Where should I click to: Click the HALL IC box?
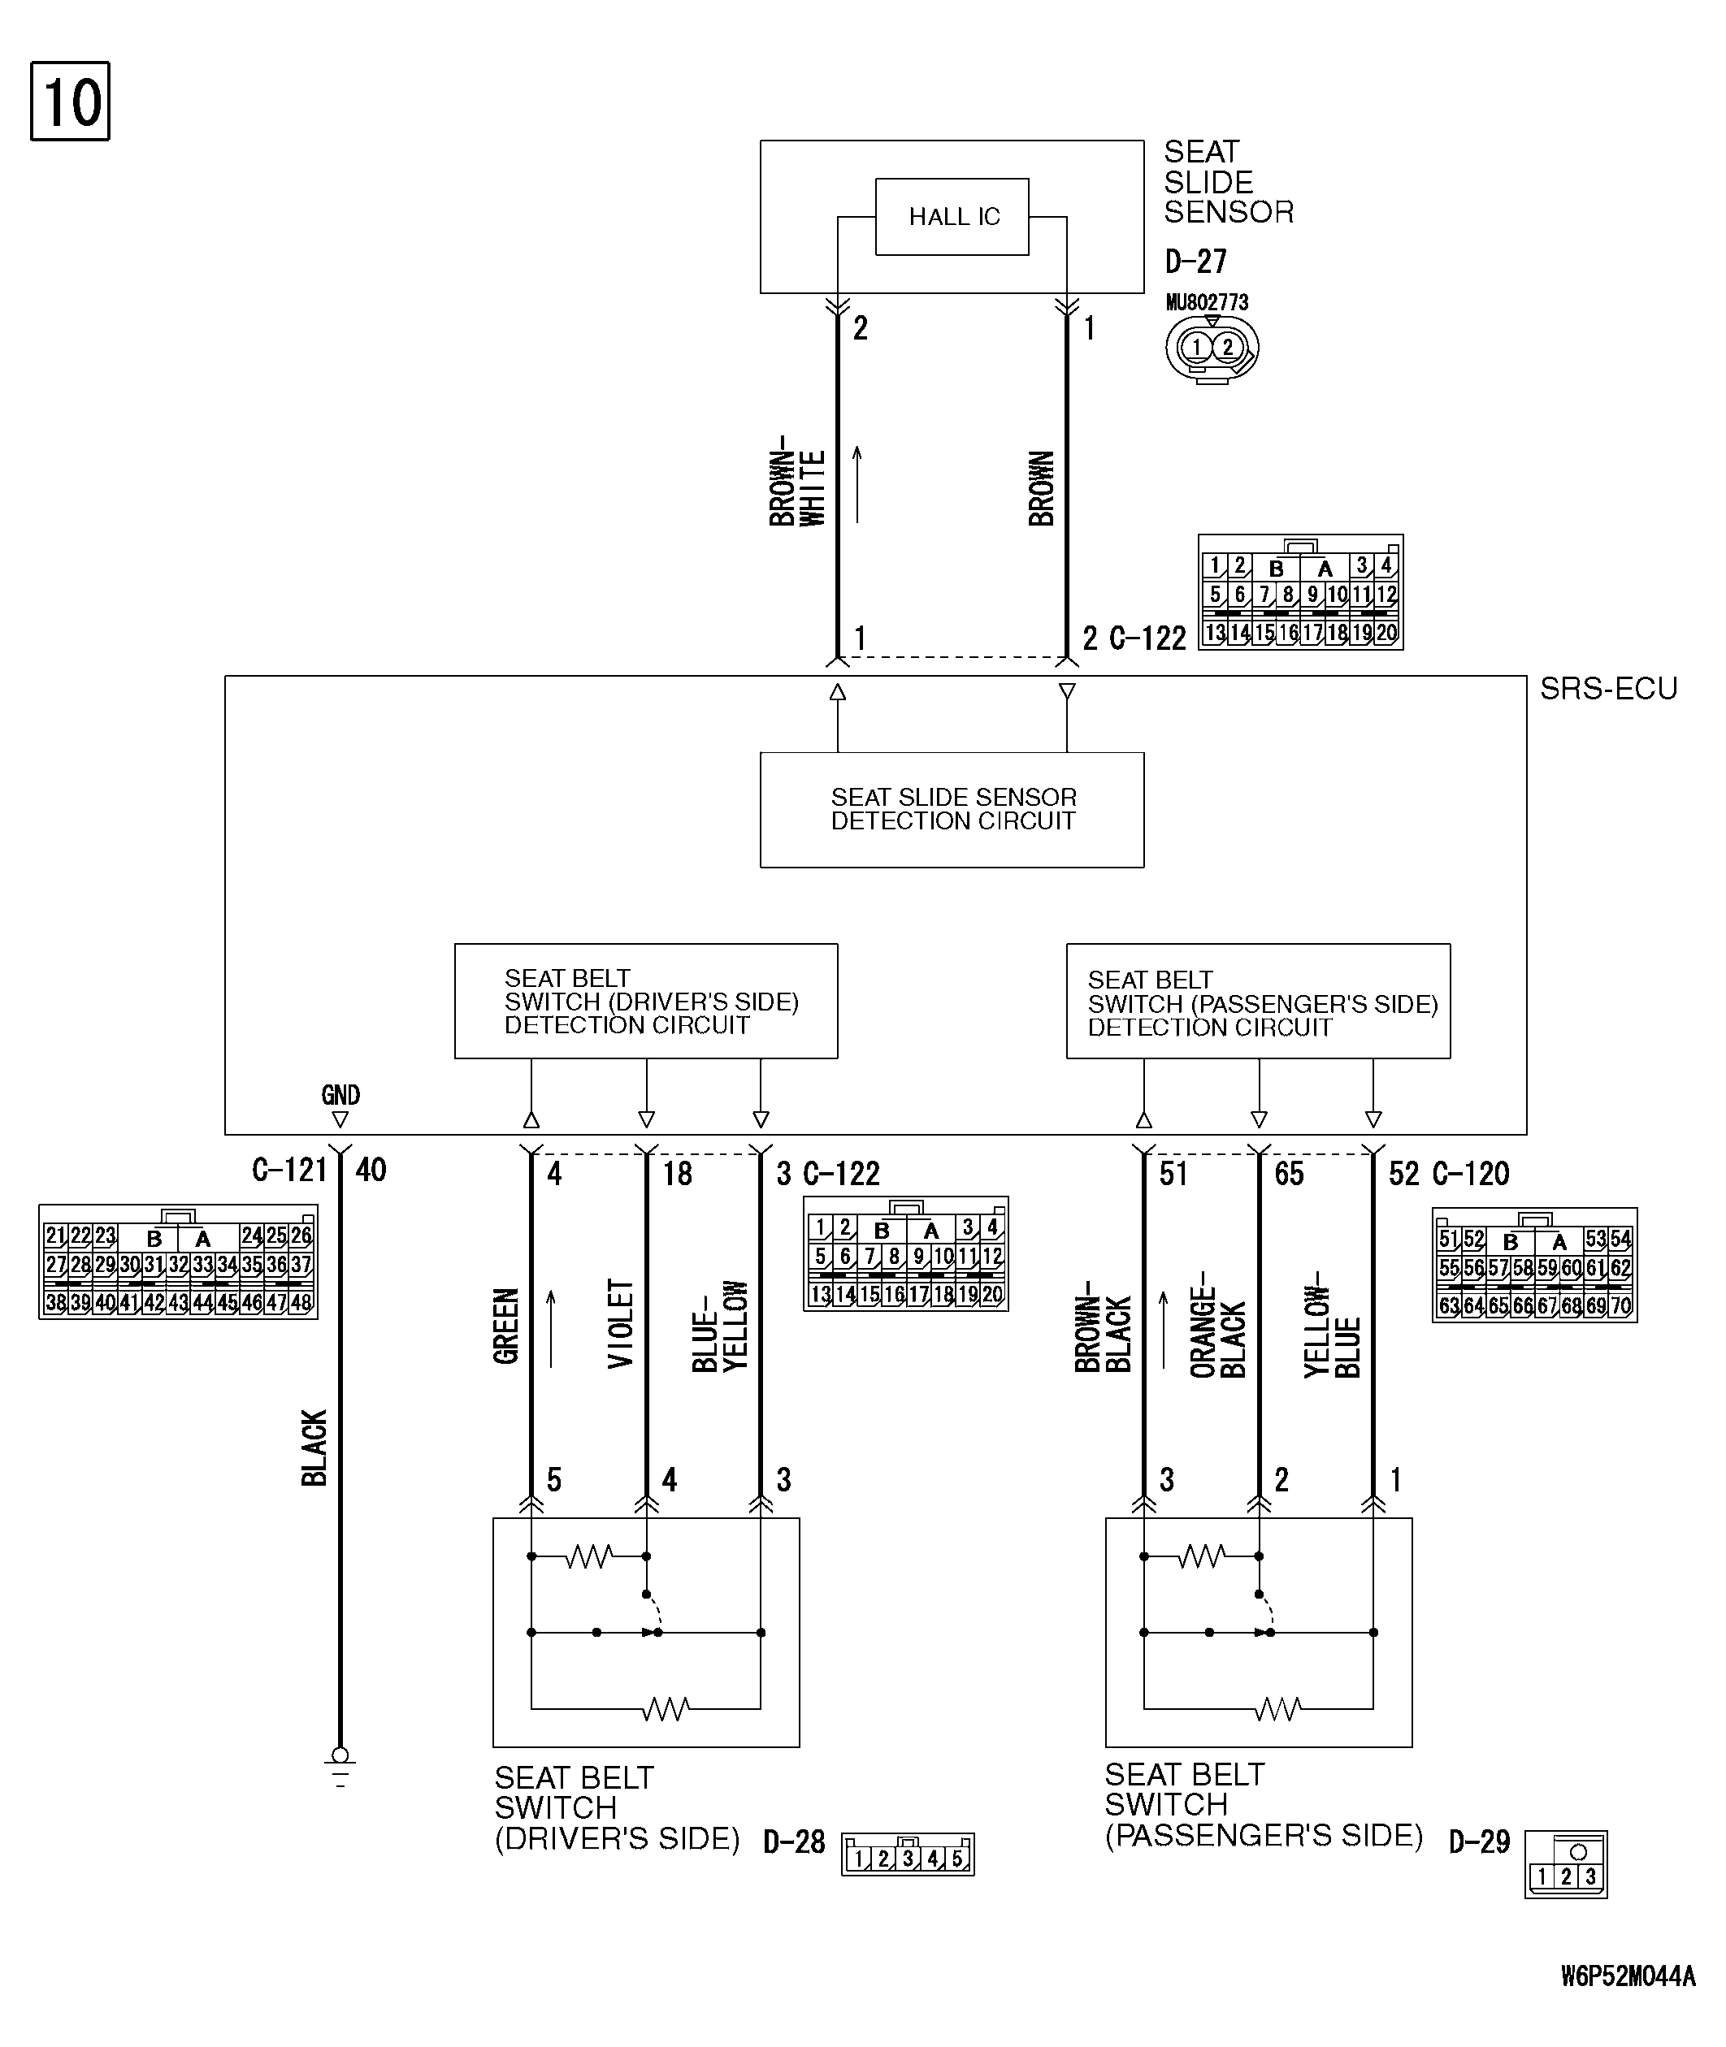tap(952, 216)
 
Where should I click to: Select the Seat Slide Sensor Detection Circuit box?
tap(952, 810)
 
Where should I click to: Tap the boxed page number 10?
tap(71, 102)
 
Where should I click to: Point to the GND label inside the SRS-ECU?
tap(340, 1094)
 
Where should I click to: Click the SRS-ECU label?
tap(1609, 689)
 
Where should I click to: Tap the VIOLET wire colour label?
tap(622, 1324)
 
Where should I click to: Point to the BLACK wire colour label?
tap(313, 1448)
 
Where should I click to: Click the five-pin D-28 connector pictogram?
tap(908, 1854)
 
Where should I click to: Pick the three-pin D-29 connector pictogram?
tap(1567, 1865)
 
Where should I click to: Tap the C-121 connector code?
tap(289, 1170)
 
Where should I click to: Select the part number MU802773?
tap(1208, 302)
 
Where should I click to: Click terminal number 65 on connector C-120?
tap(1290, 1174)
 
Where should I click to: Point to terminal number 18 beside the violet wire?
tap(677, 1174)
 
